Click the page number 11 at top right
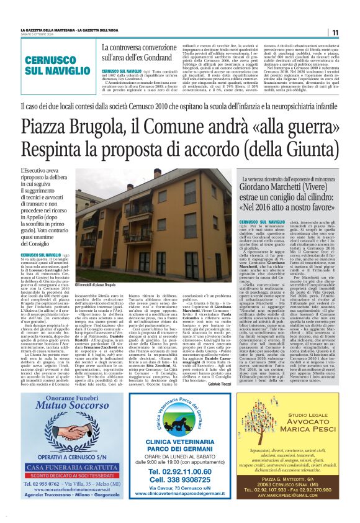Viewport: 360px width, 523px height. tap(335, 33)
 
